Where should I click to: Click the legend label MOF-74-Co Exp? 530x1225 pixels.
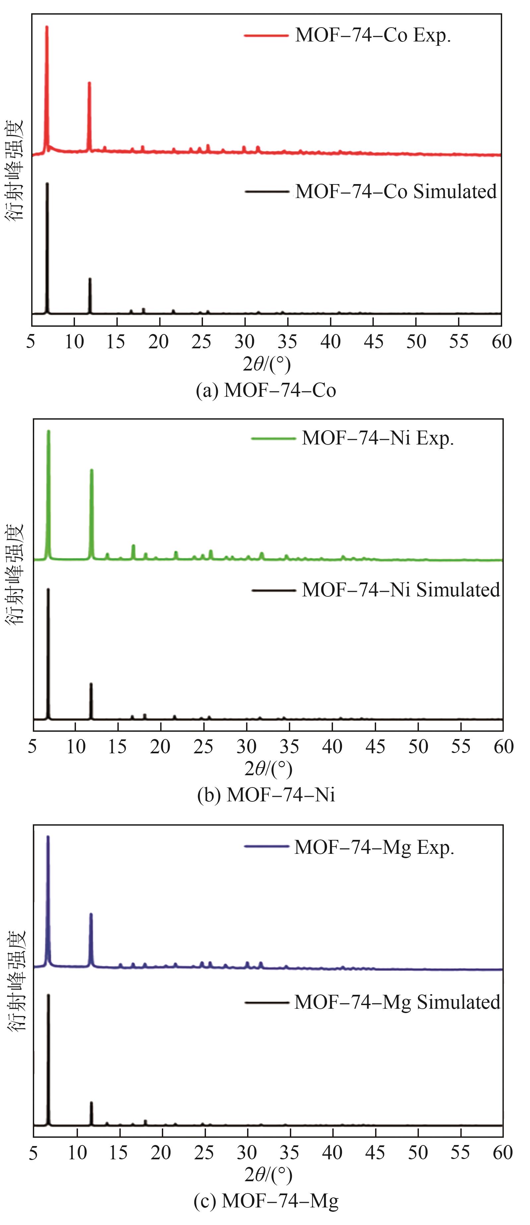tap(373, 36)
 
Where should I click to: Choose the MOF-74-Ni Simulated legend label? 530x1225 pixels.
tap(401, 590)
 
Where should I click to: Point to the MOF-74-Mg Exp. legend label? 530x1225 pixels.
tap(374, 848)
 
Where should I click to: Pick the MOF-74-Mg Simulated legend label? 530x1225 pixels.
tap(397, 1002)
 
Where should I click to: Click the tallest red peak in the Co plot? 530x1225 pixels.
tap(46, 27)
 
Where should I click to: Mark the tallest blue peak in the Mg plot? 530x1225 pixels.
tap(47, 837)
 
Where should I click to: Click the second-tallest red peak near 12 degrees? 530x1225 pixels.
tap(89, 84)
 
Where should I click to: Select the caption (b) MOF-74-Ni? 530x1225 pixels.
tap(266, 795)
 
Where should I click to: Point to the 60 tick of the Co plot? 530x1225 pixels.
tap(501, 341)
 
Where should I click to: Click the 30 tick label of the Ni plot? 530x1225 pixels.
tap(246, 747)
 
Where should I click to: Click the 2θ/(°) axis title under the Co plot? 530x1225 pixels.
tap(266, 365)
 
